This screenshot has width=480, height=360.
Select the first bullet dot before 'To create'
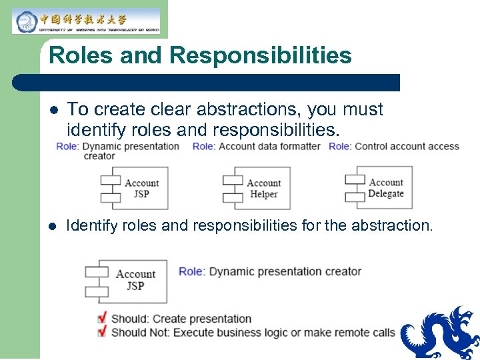[54, 110]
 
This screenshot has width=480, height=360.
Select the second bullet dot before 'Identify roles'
[54, 226]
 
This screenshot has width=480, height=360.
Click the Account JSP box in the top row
[134, 188]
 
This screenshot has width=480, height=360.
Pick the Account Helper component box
[256, 188]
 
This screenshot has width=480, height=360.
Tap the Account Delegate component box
[379, 187]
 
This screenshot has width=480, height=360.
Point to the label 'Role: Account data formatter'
[257, 146]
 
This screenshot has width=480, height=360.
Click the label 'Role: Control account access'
[393, 146]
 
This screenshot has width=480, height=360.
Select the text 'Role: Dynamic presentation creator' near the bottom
[270, 271]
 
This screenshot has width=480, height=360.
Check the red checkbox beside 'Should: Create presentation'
[101, 318]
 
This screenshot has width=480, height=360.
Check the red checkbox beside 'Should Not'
[101, 331]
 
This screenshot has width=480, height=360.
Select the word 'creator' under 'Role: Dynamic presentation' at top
[99, 156]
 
